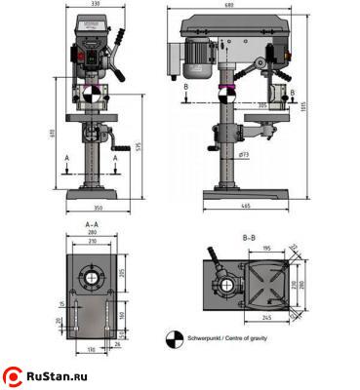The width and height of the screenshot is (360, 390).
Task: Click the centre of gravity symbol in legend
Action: point(173,337)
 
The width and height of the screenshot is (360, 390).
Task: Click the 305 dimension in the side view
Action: point(261,103)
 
